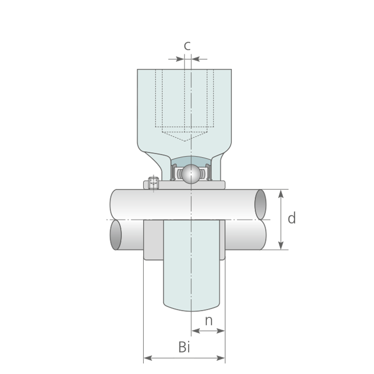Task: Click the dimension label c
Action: [187, 45]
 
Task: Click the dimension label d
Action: [292, 218]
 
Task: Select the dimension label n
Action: [209, 321]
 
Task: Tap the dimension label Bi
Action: [184, 347]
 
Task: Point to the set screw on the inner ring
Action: [153, 183]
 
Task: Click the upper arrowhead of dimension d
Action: [281, 194]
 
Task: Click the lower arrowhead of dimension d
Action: [281, 245]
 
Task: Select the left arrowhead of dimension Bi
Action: [148, 358]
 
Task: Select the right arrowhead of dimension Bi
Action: [221, 358]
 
